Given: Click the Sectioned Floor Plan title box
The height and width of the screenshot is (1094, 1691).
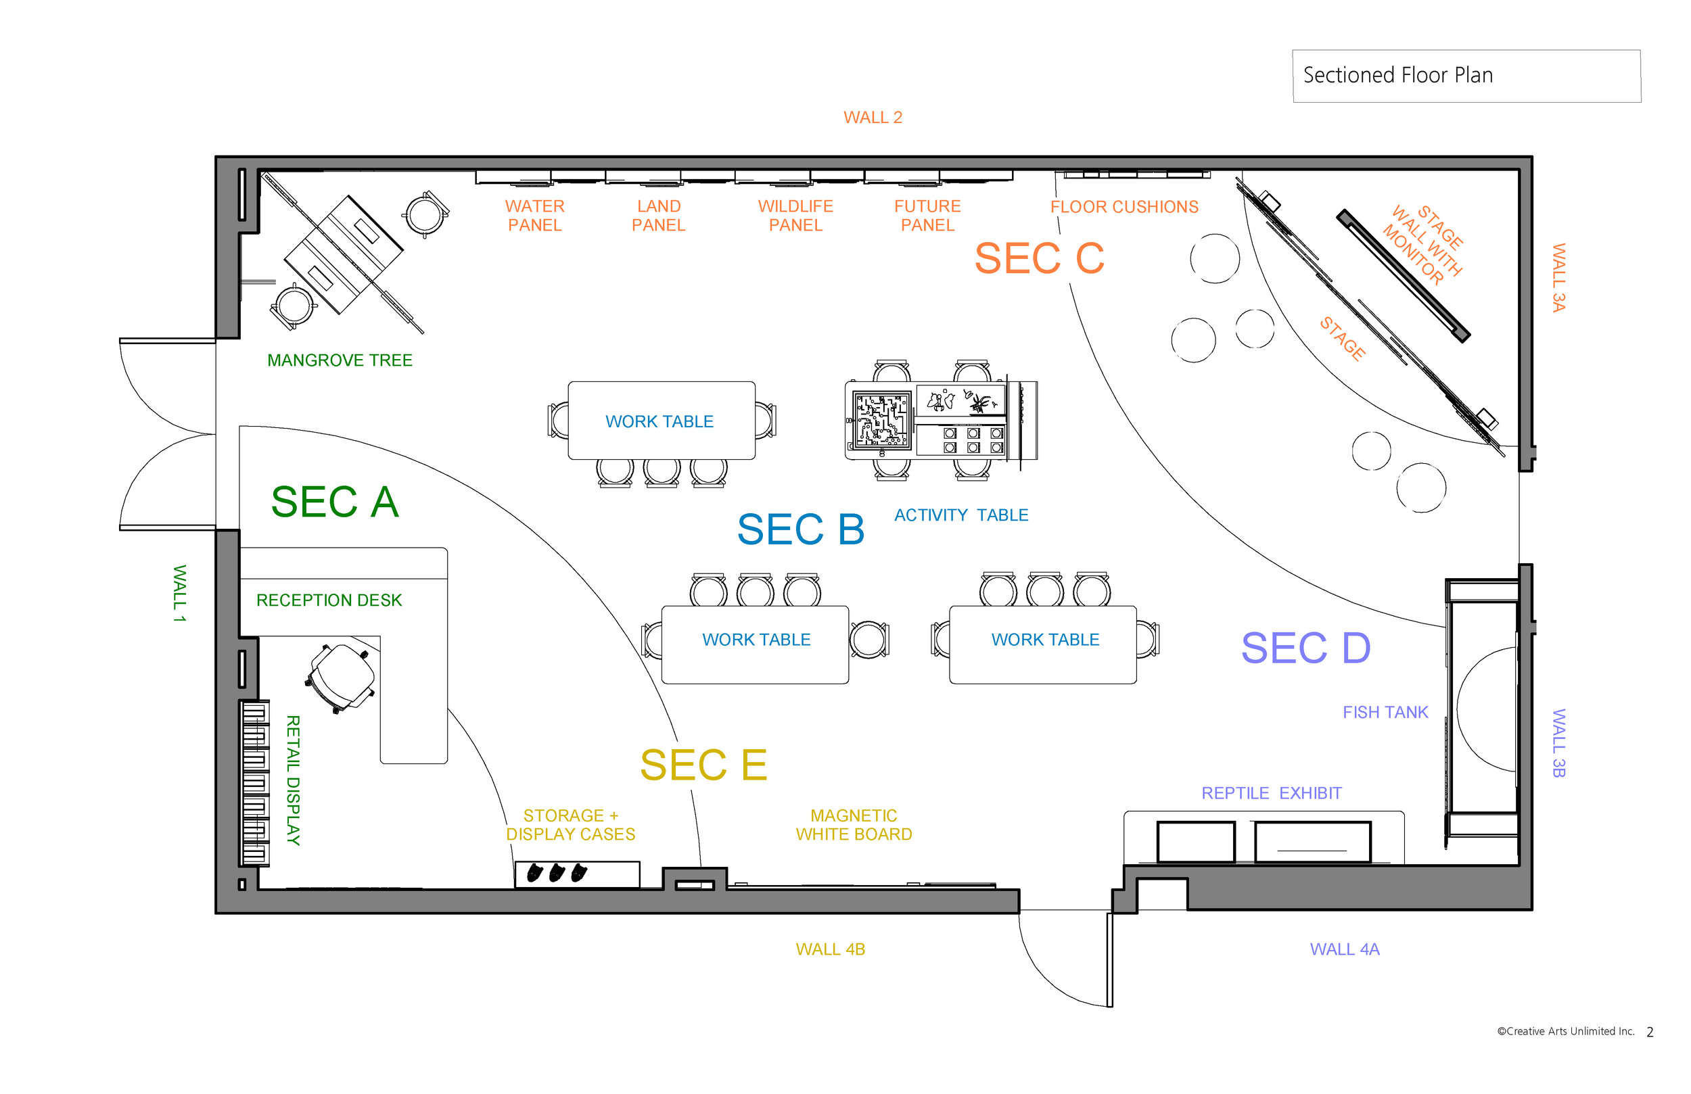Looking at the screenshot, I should [x=1466, y=76].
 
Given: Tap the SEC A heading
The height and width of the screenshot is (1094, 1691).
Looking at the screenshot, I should [x=335, y=502].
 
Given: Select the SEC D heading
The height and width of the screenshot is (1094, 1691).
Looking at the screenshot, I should [x=1305, y=648].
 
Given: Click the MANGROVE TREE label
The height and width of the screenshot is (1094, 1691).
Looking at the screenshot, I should [x=340, y=360].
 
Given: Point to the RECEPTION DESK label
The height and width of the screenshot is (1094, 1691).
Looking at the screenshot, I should [x=329, y=600].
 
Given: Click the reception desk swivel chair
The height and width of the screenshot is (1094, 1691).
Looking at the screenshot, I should [x=342, y=677].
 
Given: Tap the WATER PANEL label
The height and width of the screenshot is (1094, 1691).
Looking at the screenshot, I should [x=534, y=215].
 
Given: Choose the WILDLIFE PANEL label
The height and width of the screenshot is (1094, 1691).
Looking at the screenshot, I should [x=795, y=215].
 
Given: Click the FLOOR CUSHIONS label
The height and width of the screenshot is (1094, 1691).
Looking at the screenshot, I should [x=1124, y=207].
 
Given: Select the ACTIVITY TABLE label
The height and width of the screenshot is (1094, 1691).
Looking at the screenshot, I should [x=960, y=515].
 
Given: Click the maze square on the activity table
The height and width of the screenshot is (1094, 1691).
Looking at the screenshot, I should [x=882, y=421].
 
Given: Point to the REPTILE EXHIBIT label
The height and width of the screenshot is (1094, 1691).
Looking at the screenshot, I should [x=1271, y=793].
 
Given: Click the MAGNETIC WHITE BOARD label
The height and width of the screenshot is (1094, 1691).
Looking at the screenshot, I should [x=854, y=825].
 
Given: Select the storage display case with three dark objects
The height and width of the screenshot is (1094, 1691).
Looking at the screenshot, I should [x=576, y=874].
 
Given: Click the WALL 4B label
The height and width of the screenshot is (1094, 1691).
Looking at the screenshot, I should [x=830, y=949].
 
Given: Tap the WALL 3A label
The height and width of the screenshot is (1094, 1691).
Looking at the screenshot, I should [x=1558, y=277].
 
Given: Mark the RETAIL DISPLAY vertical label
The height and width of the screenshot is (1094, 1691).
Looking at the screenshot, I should [x=293, y=780].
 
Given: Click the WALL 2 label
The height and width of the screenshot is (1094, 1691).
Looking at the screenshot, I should [x=873, y=117].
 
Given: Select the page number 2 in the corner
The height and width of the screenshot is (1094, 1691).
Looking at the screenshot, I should [x=1649, y=1032].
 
